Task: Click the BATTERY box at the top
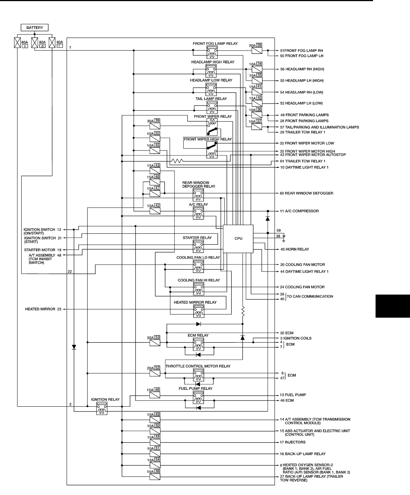click(35, 27)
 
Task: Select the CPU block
click(238, 239)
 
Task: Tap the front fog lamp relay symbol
click(211, 52)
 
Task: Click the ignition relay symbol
click(101, 408)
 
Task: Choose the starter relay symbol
click(198, 246)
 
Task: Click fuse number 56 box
click(259, 45)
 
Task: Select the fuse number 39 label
click(157, 121)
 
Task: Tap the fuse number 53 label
click(157, 337)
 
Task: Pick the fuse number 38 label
click(157, 471)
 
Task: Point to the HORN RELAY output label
click(295, 249)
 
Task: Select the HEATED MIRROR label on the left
click(40, 309)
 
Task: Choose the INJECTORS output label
click(293, 442)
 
